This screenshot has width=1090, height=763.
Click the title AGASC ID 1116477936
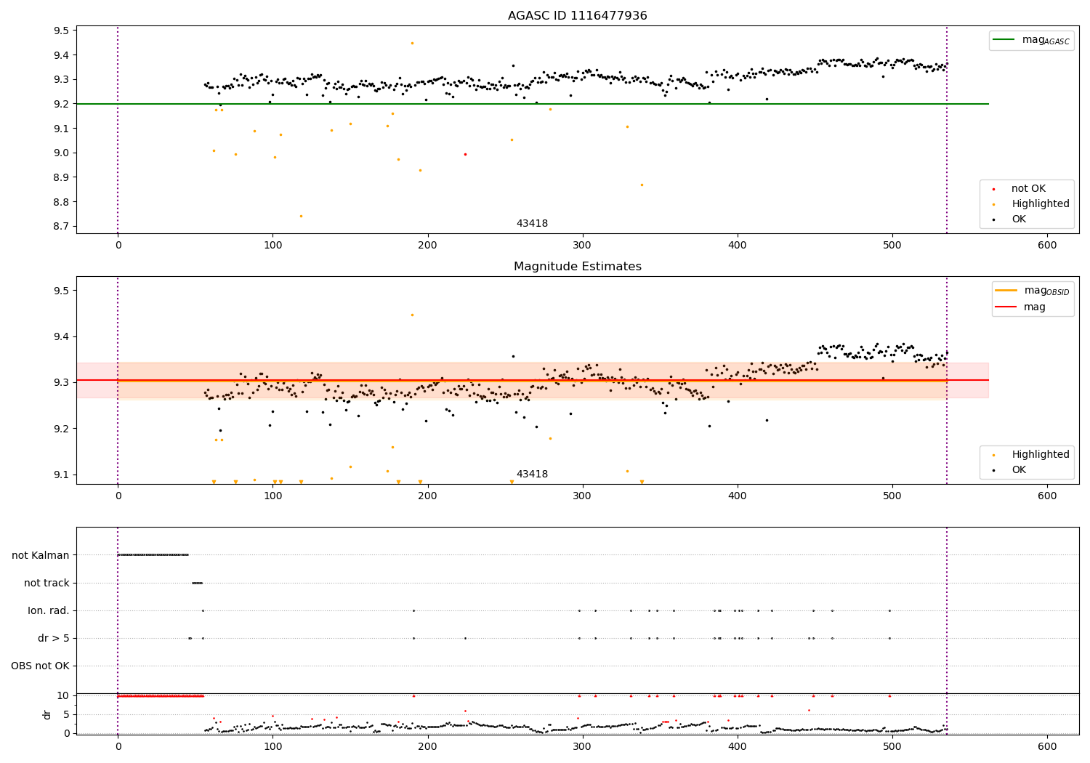577,16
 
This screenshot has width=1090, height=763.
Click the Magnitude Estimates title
577,267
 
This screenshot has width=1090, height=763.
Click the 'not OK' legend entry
1028,189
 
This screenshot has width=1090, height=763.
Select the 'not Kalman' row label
41,555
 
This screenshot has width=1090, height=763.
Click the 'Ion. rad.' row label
49,610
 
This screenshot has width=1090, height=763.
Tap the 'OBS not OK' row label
40,666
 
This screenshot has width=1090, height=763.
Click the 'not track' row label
47,583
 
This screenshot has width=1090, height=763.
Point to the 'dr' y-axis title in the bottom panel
47,714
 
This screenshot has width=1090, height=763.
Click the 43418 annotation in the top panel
532,224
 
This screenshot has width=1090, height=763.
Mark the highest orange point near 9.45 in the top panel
412,43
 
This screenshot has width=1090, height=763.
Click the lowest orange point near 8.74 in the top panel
301,216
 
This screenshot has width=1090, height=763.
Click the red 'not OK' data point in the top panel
465,154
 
